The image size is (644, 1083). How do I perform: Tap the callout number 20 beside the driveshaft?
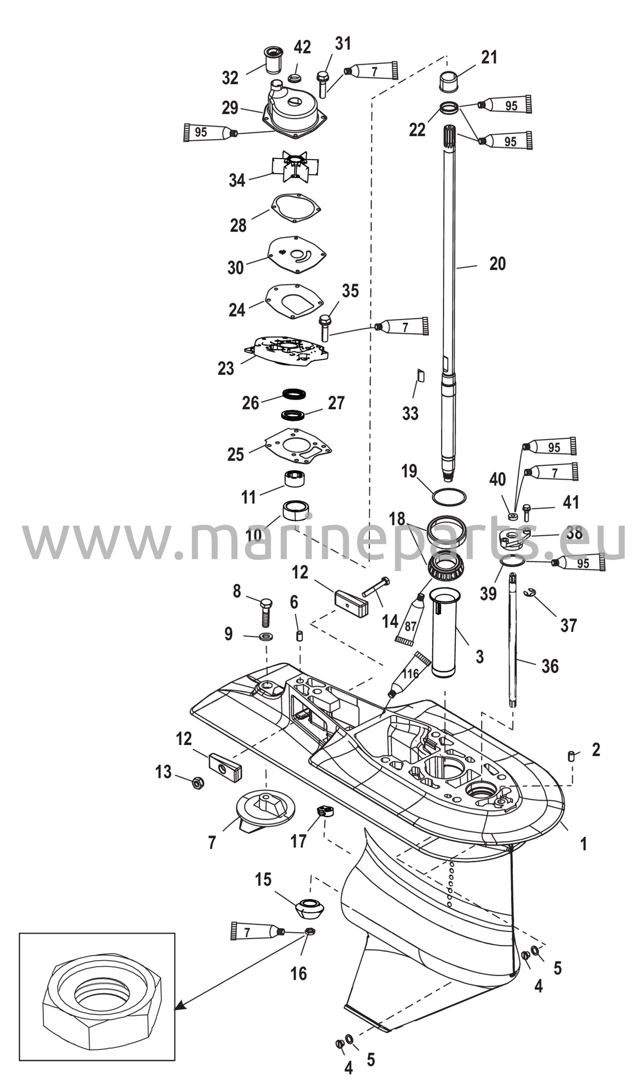497,263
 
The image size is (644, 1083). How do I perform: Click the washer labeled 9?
265,635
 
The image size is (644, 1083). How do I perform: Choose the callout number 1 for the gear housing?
584,844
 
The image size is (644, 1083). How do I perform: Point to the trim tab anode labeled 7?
263,812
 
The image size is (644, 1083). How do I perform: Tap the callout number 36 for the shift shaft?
550,666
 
